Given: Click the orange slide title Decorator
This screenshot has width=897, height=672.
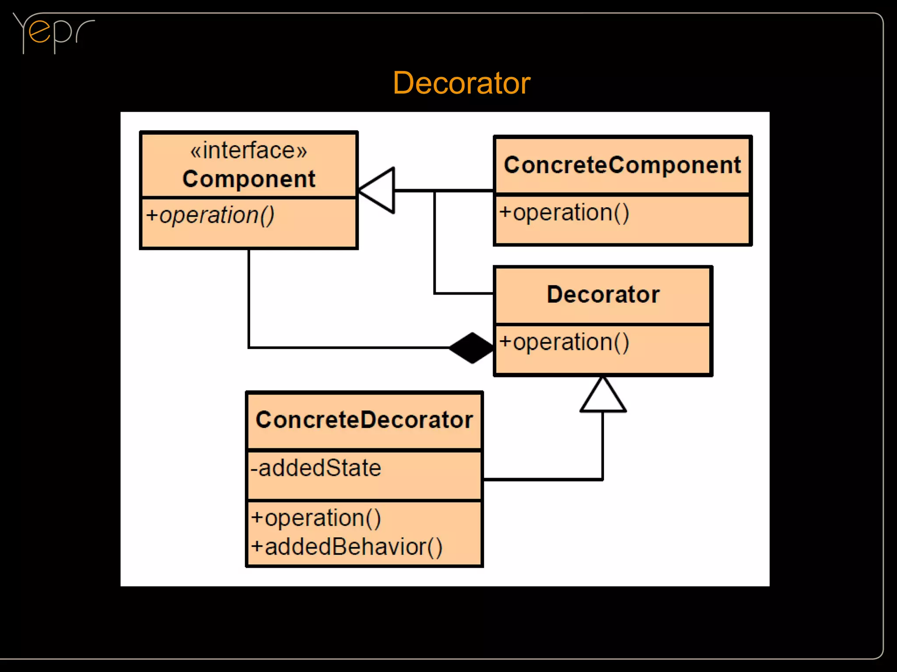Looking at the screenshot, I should [461, 83].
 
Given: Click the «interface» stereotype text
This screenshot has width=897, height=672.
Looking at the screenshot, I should [248, 151].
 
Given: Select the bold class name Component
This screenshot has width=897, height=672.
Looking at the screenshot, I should [248, 179].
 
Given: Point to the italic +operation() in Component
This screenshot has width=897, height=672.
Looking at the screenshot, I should [210, 215].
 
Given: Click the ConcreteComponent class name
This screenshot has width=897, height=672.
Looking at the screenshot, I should [622, 165].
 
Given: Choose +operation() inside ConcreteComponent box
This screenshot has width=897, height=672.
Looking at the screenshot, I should [564, 213].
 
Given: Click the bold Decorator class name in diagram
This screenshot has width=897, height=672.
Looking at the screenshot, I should [603, 294].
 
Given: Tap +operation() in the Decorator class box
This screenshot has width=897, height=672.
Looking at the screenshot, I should [564, 342].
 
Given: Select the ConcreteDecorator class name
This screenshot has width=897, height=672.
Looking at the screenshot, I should [364, 420].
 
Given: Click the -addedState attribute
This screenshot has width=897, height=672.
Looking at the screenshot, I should [316, 468].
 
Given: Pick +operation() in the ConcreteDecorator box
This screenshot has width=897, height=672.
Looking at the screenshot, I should [316, 518].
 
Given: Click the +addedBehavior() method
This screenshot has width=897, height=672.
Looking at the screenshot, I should [346, 547].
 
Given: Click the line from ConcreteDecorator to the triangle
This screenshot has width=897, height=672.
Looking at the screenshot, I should [543, 480].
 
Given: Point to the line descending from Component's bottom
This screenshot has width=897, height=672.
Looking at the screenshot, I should [249, 298].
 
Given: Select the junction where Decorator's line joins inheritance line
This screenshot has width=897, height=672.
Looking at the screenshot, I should [434, 191].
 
